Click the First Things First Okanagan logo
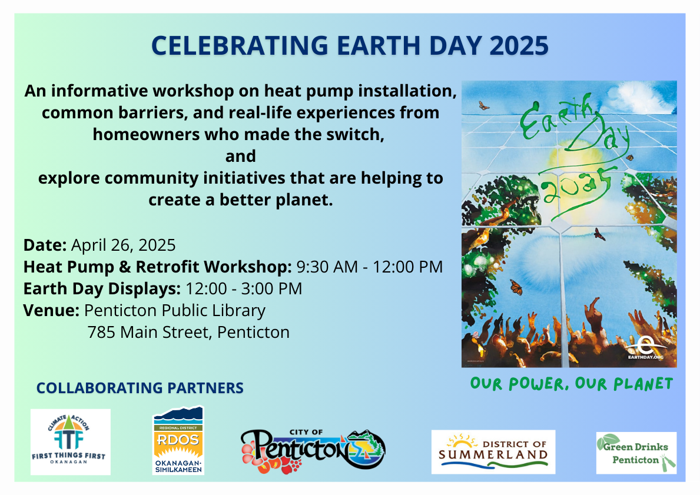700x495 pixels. click(71, 441)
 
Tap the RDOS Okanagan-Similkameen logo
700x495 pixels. click(178, 440)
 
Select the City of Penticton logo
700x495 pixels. click(313, 450)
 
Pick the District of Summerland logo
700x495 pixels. click(493, 451)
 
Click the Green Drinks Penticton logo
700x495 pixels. click(636, 453)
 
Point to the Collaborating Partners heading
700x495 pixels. click(140, 388)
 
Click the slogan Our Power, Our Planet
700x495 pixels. click(572, 384)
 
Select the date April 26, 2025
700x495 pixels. click(123, 245)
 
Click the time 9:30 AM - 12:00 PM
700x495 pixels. click(370, 267)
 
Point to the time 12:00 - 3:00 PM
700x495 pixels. click(244, 289)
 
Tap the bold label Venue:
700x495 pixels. click(51, 310)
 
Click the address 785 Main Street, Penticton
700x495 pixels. click(188, 332)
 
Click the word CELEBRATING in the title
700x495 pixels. click(240, 45)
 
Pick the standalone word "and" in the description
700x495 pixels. click(241, 156)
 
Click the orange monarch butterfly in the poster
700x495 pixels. click(516, 287)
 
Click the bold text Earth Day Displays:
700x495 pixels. click(102, 289)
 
